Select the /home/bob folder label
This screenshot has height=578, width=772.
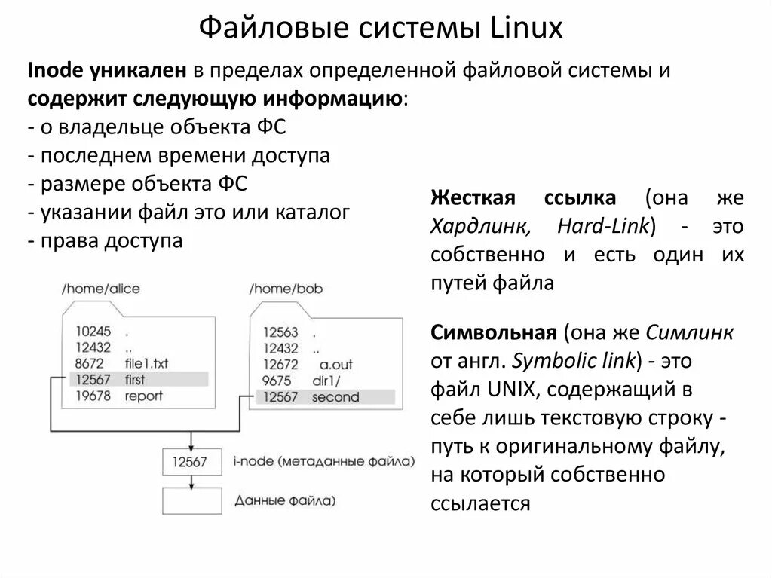click(x=283, y=289)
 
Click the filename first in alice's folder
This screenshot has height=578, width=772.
click(x=136, y=379)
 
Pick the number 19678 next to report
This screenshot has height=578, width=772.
click(x=93, y=396)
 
